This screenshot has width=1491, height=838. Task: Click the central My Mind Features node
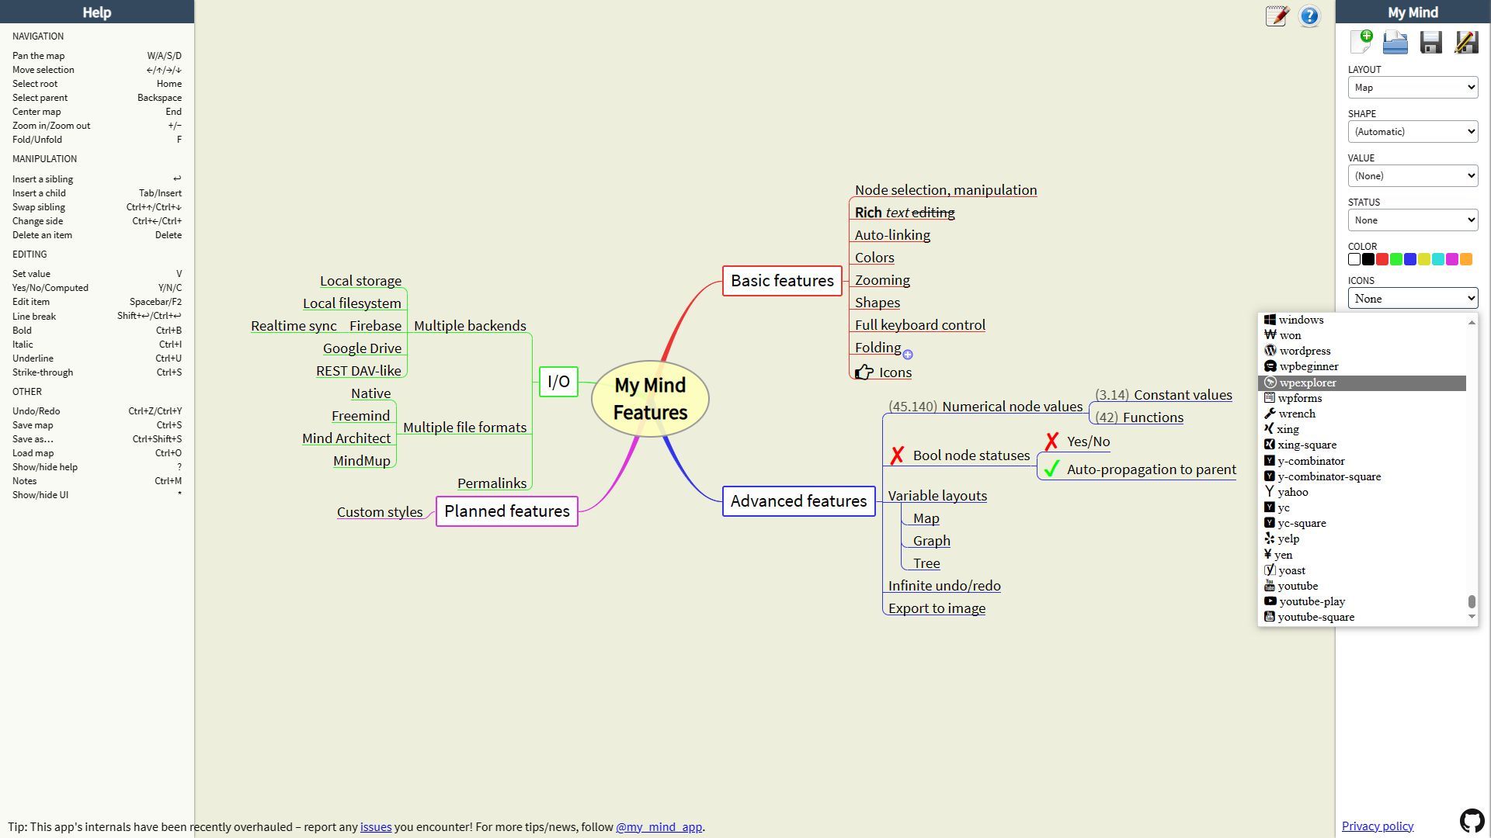(650, 399)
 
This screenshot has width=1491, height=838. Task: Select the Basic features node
(782, 281)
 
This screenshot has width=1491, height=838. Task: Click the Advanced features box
(798, 501)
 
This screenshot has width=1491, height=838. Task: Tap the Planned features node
(506, 511)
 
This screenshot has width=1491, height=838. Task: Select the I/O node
(558, 382)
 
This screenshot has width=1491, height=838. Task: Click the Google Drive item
(362, 348)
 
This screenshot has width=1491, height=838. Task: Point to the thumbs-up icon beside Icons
(864, 372)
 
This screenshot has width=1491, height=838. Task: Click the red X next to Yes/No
(1051, 442)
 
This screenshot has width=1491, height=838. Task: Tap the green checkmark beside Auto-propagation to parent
(1051, 469)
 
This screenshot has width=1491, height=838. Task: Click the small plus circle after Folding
(908, 355)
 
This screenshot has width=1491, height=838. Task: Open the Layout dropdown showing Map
(1412, 88)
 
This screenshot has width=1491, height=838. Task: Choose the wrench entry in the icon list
(1297, 414)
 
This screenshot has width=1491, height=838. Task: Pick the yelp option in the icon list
(1288, 538)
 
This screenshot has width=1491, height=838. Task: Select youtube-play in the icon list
(1312, 601)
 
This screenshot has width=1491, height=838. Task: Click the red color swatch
(1382, 259)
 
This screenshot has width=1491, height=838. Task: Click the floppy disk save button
(1430, 42)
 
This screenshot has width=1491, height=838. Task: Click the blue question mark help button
(1309, 16)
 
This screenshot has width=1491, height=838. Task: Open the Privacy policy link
(1377, 826)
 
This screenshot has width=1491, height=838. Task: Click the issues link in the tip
(376, 827)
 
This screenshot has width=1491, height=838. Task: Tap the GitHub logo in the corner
(1472, 820)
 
